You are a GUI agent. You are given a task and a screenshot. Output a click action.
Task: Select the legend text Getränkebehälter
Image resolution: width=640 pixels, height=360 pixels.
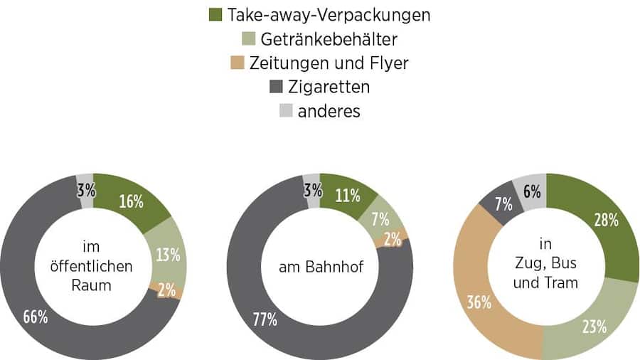pos(329,38)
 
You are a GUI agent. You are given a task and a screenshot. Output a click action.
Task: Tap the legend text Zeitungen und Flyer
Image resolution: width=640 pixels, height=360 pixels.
pos(329,63)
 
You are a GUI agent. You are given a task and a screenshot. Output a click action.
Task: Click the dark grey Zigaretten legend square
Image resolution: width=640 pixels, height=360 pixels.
pos(276,87)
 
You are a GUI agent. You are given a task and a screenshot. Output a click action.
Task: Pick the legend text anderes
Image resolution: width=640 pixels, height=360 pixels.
pos(329,111)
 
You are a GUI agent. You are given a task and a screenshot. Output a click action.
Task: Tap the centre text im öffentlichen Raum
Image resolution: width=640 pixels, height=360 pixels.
pos(93,267)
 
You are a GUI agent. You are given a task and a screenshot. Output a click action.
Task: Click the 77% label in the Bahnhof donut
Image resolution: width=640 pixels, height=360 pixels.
pos(264,319)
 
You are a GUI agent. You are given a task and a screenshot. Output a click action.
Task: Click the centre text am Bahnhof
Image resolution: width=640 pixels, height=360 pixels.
pos(320,268)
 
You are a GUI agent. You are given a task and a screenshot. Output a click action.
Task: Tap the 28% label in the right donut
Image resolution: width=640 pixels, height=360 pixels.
pos(605,220)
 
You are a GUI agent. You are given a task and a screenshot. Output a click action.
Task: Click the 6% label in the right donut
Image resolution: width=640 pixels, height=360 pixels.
pos(531,191)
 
